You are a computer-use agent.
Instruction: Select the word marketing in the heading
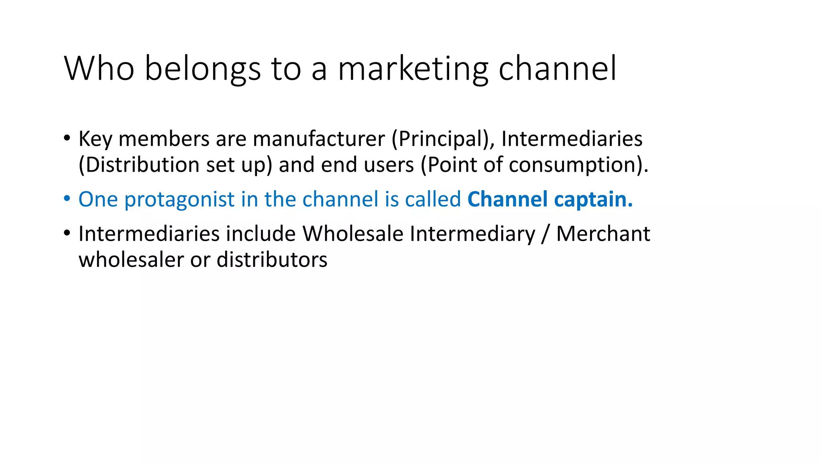coord(413,69)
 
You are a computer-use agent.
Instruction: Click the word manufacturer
coord(319,139)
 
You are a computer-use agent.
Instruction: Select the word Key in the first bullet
coord(95,139)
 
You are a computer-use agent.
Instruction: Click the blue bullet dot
coord(67,199)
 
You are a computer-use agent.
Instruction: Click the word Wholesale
coord(353,234)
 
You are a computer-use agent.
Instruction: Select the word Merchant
coord(603,234)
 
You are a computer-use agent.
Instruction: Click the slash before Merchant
coord(545,234)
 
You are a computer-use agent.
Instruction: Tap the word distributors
coord(272,260)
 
